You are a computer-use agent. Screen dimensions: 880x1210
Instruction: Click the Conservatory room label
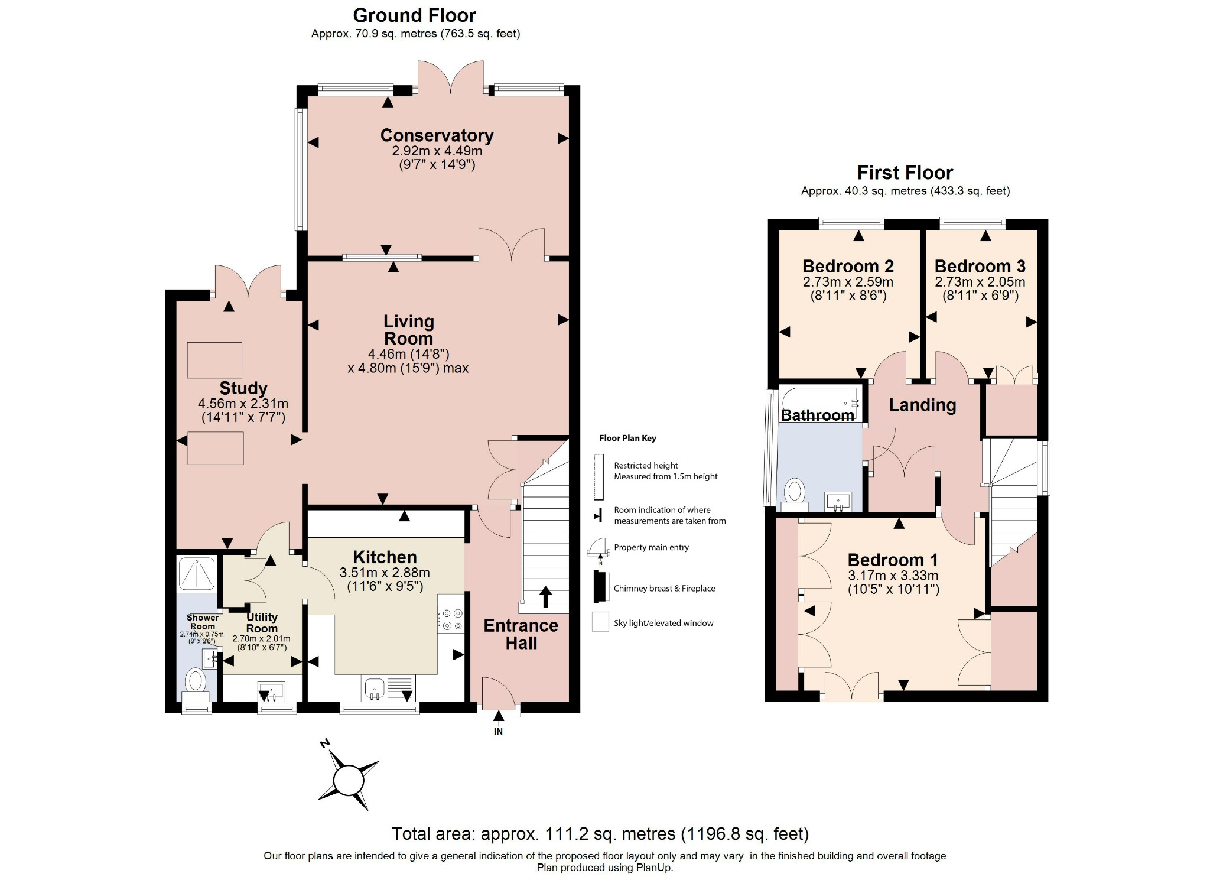click(x=437, y=135)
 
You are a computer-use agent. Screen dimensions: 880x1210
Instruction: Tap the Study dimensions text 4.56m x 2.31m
click(x=243, y=404)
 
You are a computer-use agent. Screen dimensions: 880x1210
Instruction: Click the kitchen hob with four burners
click(x=451, y=619)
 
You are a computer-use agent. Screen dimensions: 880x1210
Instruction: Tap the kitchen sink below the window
click(x=375, y=689)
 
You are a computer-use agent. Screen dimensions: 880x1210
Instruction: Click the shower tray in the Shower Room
click(x=197, y=573)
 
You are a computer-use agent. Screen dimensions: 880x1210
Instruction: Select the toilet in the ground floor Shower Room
click(x=195, y=681)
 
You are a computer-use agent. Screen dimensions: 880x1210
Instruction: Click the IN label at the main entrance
click(x=498, y=731)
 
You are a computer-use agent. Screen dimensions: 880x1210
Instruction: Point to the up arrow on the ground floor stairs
click(x=545, y=597)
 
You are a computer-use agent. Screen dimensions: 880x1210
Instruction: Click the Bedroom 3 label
click(x=980, y=267)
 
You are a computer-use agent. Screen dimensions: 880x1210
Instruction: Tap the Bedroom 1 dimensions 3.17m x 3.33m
click(x=893, y=576)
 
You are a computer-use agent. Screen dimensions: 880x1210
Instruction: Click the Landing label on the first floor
click(x=922, y=405)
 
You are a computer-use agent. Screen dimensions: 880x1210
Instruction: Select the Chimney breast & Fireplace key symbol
click(x=601, y=587)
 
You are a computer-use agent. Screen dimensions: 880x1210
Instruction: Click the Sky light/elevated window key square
click(x=600, y=622)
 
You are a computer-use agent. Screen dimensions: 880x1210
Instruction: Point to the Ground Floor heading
click(x=414, y=15)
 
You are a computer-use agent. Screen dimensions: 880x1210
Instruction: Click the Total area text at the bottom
click(x=600, y=833)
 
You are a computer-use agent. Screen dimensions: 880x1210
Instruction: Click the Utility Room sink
click(x=271, y=690)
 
